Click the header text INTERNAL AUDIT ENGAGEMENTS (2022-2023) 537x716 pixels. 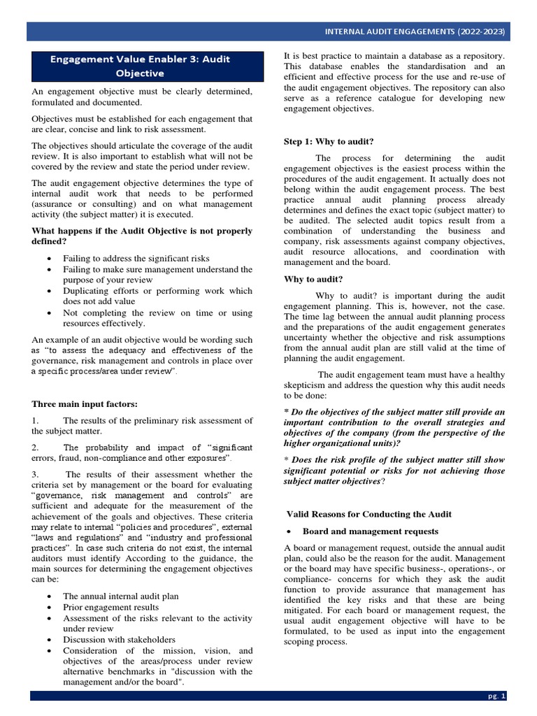[x=415, y=32]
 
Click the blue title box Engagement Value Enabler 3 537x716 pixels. [x=140, y=66]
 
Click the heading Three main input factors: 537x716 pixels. [x=85, y=404]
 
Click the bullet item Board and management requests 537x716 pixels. [x=371, y=531]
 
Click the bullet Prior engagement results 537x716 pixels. [x=110, y=607]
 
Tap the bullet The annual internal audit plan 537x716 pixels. [x=120, y=596]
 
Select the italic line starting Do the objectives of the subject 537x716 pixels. [x=394, y=413]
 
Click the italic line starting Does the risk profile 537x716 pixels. [x=394, y=460]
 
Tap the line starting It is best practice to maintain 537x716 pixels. [x=394, y=56]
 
